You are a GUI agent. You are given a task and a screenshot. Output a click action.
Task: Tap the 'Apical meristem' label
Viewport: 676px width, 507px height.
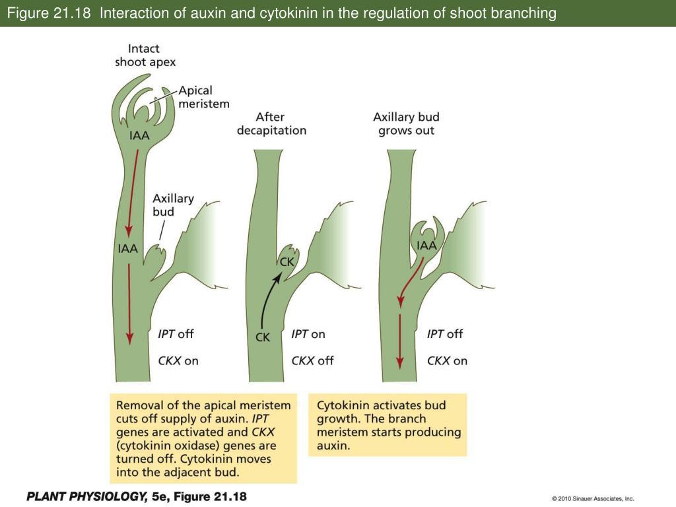point(204,96)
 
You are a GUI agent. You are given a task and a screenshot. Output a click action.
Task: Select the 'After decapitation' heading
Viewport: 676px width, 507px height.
point(271,123)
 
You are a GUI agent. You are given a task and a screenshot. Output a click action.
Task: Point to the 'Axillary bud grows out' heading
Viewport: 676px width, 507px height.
point(406,123)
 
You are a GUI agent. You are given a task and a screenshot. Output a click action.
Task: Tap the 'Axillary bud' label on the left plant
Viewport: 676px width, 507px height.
point(173,205)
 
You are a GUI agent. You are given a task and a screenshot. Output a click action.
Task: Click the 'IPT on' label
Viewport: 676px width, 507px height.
point(308,334)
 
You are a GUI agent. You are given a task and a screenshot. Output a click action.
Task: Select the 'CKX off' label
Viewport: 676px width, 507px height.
point(312,360)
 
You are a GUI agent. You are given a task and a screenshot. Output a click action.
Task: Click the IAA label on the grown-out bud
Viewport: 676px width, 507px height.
point(426,246)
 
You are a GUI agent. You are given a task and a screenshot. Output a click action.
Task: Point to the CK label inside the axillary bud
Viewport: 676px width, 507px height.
point(287,262)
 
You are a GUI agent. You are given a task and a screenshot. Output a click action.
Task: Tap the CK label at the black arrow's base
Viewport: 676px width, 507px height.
point(263,337)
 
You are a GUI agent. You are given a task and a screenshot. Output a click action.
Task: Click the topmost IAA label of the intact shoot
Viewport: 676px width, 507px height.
point(139,136)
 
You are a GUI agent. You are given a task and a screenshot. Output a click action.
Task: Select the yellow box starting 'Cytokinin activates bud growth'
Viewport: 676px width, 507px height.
point(388,425)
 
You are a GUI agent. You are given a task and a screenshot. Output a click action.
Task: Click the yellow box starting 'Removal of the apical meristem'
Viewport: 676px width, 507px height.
point(203,438)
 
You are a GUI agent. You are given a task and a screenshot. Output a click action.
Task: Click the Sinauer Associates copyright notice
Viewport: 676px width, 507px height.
point(592,499)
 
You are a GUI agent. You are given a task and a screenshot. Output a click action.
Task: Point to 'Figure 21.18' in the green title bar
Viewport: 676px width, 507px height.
point(47,13)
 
